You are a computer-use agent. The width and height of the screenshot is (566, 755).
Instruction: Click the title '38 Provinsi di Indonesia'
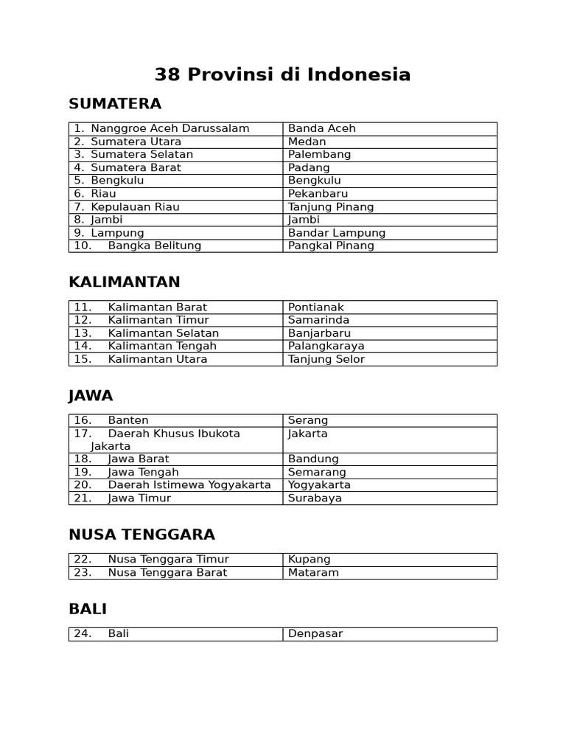click(x=283, y=74)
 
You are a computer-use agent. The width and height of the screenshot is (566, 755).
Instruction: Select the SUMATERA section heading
click(x=115, y=104)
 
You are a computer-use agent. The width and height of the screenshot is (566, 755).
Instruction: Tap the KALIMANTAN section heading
click(x=125, y=282)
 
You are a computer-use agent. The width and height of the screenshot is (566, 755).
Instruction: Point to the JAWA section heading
click(x=91, y=396)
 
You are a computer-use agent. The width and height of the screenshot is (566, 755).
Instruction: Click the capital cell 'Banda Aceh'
click(x=322, y=128)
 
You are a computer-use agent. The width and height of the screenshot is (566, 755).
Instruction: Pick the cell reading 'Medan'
click(x=307, y=142)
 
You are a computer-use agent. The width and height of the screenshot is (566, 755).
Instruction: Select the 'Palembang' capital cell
click(x=319, y=155)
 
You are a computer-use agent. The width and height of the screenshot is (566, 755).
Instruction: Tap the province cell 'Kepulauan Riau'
click(x=135, y=207)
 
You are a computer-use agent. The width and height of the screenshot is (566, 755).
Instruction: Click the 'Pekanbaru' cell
click(x=318, y=194)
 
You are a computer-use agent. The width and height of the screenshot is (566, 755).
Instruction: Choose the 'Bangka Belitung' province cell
click(x=154, y=246)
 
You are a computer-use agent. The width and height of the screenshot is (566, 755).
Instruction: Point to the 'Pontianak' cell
click(x=316, y=307)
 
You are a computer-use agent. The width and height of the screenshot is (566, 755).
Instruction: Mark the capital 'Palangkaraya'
click(x=326, y=346)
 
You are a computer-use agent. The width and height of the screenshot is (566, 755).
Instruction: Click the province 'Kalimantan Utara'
click(x=157, y=359)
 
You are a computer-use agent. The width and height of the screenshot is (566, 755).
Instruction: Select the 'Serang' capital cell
click(x=308, y=420)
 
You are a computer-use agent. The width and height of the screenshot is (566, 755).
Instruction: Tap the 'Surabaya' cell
click(x=315, y=498)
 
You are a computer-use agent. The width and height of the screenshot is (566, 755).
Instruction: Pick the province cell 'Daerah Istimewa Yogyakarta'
click(x=189, y=485)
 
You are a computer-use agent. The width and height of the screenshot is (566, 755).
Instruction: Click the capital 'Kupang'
click(x=310, y=560)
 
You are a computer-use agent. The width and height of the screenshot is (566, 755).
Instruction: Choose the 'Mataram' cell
click(x=313, y=573)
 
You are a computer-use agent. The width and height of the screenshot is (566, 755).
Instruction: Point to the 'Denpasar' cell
click(x=315, y=634)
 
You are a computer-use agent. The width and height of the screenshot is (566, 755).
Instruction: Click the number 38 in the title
click(x=168, y=74)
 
